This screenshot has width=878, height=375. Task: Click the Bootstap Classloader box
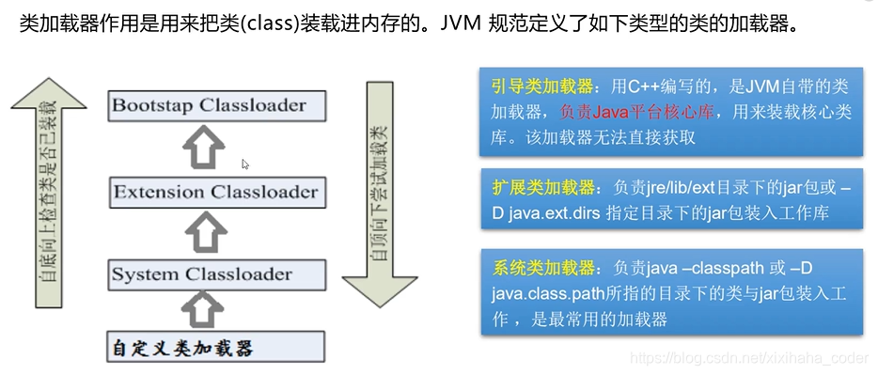(x=217, y=105)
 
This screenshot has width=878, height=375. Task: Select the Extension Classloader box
(x=217, y=193)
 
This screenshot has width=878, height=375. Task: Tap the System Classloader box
(x=217, y=274)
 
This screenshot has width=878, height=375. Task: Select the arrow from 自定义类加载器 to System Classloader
(x=206, y=309)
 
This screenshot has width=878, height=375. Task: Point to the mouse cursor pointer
(x=245, y=164)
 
